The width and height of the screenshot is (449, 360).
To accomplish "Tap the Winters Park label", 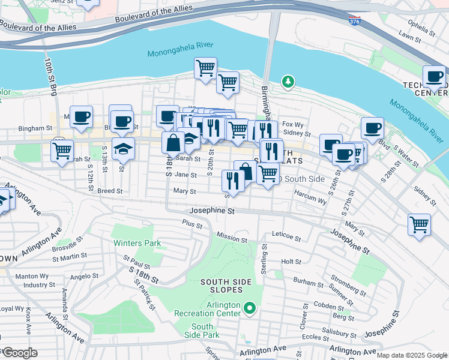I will (x=137, y=243).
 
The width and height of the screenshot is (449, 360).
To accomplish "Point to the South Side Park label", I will (x=202, y=331).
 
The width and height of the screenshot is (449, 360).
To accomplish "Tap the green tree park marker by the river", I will (x=289, y=81).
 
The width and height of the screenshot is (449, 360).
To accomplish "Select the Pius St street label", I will (x=192, y=222).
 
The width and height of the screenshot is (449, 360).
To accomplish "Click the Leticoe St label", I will (x=286, y=237).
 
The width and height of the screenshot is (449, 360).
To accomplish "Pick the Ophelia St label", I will (x=419, y=25).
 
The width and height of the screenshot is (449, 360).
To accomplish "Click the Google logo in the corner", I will (x=19, y=353).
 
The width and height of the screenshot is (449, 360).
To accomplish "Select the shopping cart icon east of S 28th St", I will (x=419, y=225).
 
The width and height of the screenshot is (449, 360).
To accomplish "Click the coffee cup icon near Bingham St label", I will (x=81, y=116).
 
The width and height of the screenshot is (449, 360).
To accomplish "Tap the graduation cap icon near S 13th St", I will (x=123, y=148).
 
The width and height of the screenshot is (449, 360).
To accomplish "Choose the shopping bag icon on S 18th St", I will (x=173, y=143).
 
